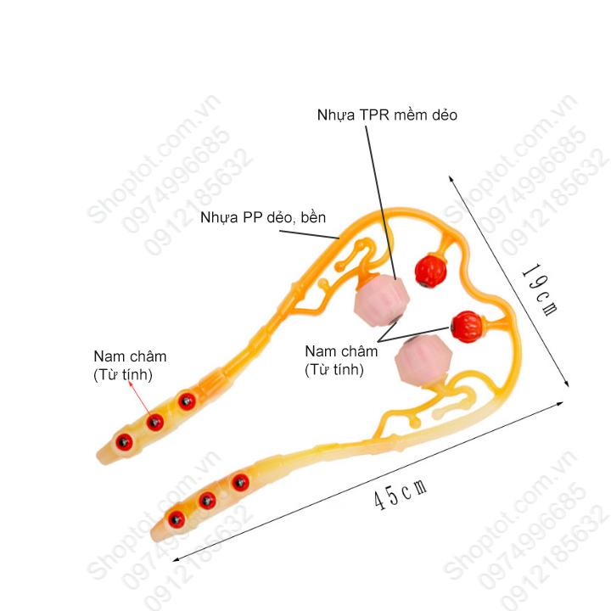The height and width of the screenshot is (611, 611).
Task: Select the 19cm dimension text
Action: (x=540, y=290)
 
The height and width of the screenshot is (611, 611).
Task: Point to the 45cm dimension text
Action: (x=401, y=494)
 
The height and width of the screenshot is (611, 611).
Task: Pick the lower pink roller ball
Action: (x=423, y=361)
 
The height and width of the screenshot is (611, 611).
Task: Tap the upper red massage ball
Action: (x=429, y=270)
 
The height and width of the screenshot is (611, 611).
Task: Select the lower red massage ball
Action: (x=468, y=326)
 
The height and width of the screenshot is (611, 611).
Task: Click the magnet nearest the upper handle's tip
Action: (x=124, y=442)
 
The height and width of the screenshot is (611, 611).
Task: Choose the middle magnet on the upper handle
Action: (x=155, y=422)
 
